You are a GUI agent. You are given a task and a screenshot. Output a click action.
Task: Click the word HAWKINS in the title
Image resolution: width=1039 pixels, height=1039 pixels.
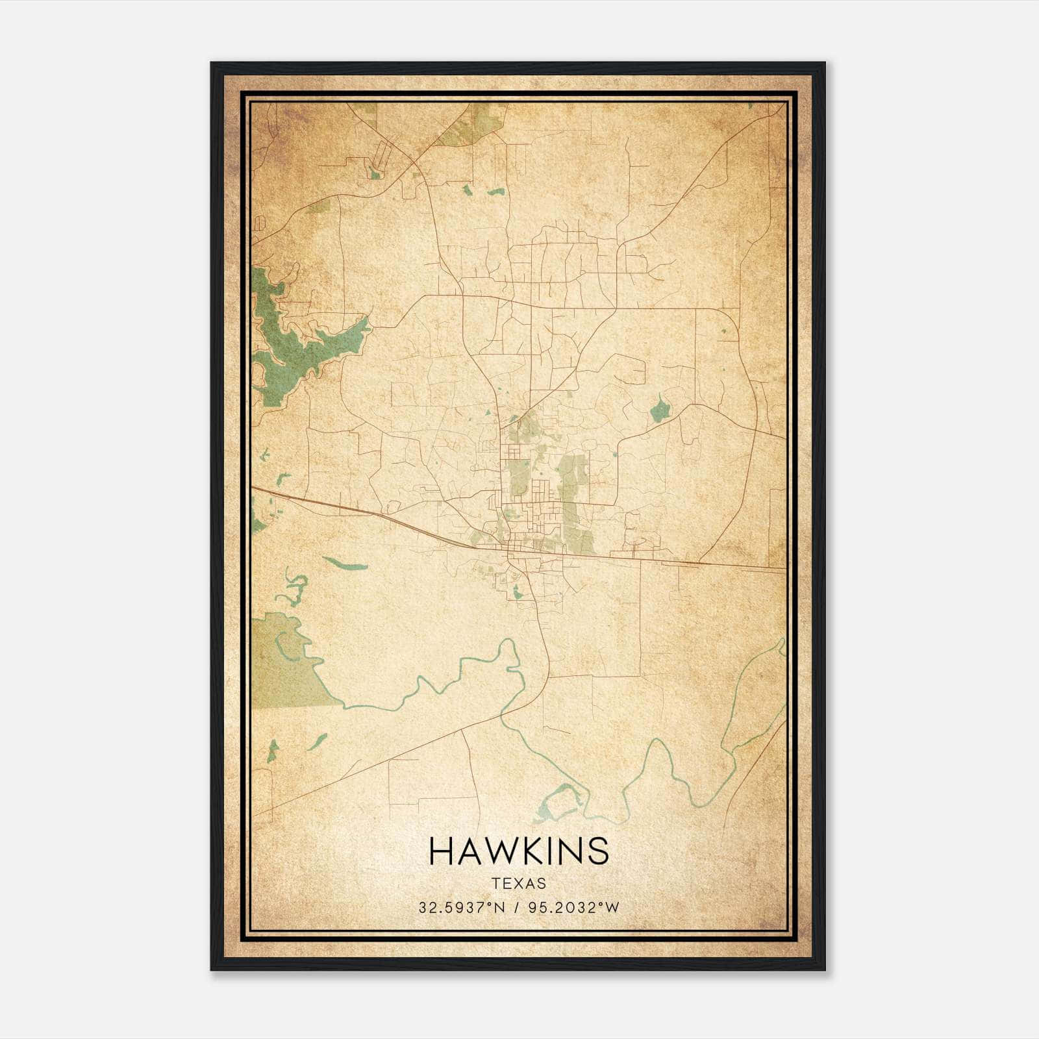point(519,851)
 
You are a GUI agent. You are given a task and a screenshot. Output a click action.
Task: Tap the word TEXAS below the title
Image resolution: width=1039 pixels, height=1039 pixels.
point(519,884)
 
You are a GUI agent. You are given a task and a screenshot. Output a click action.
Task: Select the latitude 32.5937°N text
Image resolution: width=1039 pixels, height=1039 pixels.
point(462,908)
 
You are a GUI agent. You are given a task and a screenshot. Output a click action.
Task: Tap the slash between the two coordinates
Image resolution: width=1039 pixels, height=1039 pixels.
point(516,908)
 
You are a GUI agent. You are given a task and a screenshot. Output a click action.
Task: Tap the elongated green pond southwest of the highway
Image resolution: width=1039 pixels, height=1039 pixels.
point(344,562)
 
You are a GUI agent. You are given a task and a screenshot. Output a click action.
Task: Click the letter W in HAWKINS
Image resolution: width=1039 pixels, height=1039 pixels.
point(494,851)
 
